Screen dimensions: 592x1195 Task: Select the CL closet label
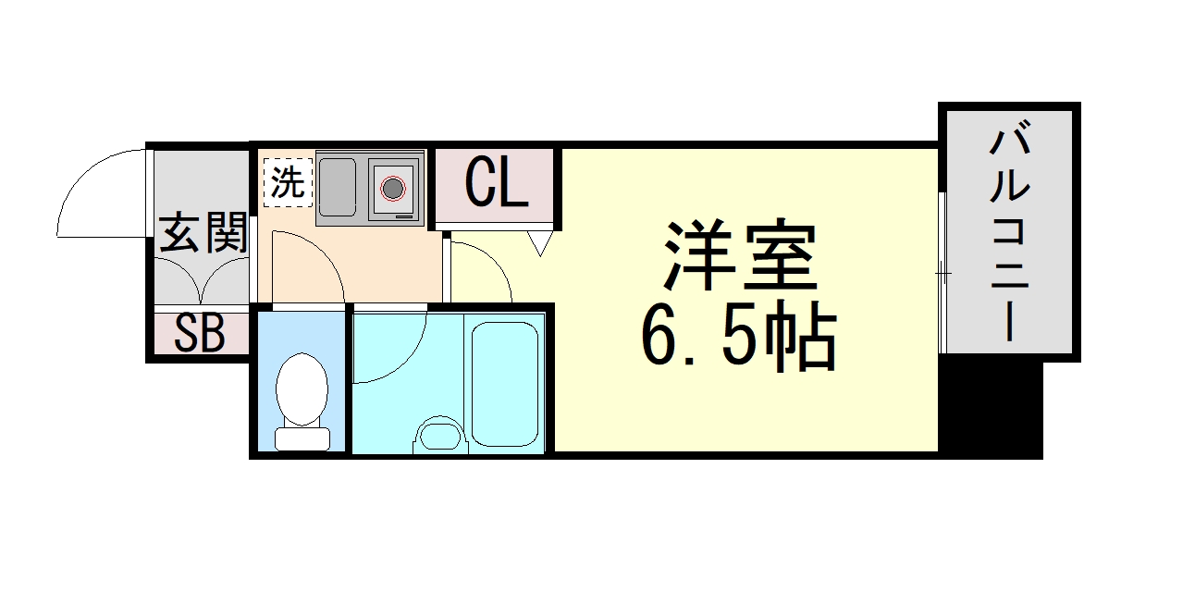point(496,182)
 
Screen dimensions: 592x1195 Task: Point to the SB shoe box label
point(200,334)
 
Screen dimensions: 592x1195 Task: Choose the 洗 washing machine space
point(286,182)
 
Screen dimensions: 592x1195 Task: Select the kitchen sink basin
point(337,188)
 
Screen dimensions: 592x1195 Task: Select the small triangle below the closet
point(540,244)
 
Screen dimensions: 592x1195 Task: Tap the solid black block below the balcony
point(991,407)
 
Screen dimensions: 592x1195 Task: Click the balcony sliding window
point(942,273)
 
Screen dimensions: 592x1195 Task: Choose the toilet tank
point(302,438)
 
